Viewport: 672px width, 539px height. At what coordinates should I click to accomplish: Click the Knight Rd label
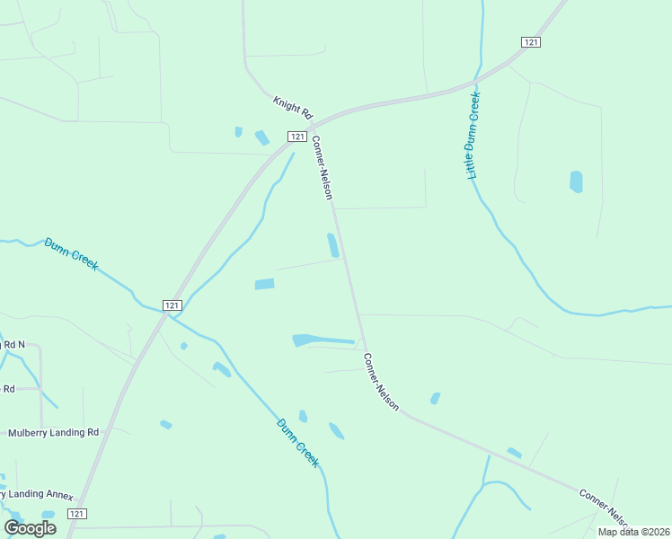click(292, 109)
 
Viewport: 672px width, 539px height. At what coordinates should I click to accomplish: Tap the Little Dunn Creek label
click(474, 135)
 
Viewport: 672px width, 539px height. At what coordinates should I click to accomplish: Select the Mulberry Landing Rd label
click(53, 432)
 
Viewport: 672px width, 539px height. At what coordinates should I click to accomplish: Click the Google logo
click(31, 528)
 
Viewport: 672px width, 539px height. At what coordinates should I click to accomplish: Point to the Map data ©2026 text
click(633, 532)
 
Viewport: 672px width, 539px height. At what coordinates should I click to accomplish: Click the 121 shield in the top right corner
click(531, 42)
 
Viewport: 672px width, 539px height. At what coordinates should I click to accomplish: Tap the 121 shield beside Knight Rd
click(296, 136)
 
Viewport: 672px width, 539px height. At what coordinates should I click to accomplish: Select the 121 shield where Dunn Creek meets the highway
click(172, 305)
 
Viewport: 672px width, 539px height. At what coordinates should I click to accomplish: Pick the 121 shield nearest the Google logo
click(77, 514)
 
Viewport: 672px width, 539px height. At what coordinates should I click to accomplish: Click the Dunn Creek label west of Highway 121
click(70, 254)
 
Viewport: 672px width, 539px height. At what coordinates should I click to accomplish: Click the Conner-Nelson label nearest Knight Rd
click(323, 167)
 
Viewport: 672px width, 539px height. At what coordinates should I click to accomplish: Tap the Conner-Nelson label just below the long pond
click(381, 382)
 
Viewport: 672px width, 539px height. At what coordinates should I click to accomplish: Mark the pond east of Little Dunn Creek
click(576, 181)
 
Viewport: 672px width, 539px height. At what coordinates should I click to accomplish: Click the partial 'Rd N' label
click(13, 344)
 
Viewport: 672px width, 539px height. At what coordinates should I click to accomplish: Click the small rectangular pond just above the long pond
click(264, 284)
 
